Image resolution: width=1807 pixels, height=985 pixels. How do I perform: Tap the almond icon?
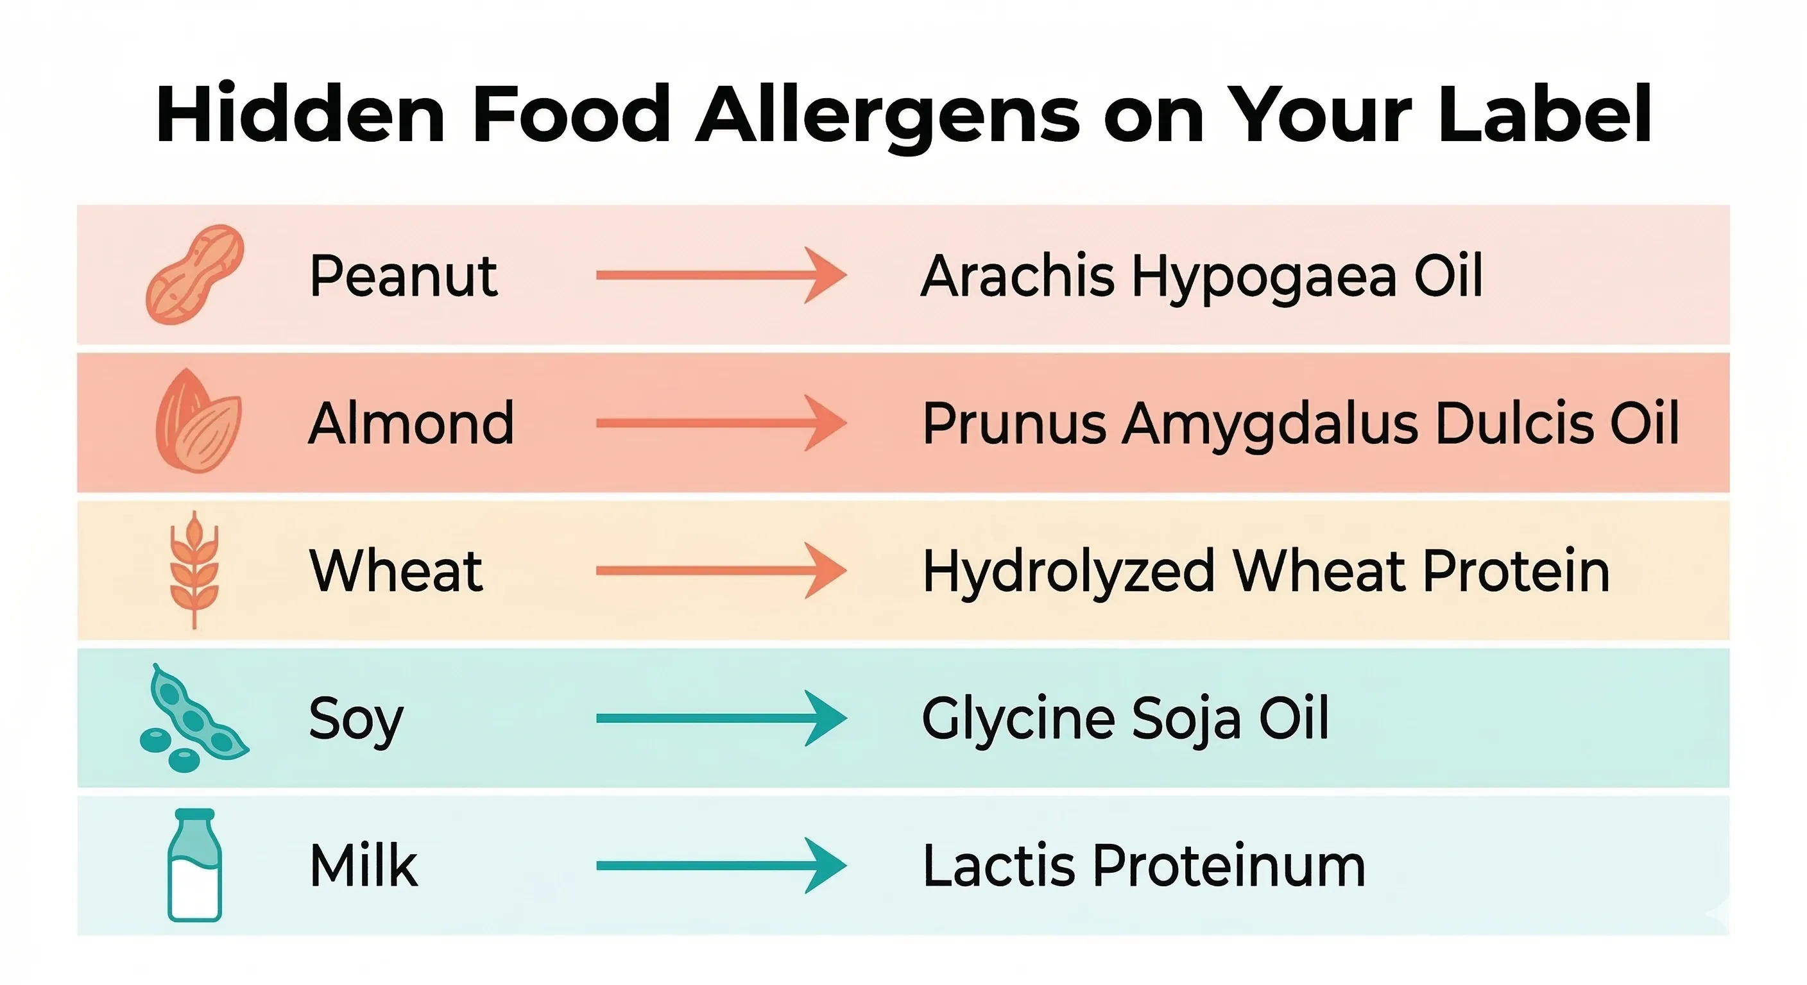tap(198, 421)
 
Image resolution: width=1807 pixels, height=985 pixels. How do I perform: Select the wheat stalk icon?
tap(194, 569)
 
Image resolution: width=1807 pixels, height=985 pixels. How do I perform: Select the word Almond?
tap(411, 423)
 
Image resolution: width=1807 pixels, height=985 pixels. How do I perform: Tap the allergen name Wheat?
tap(396, 571)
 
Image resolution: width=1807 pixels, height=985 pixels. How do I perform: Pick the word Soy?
tap(355, 720)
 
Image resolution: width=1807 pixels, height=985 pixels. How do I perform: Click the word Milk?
tap(363, 866)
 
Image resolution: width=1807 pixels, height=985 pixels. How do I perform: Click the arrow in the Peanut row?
tap(721, 276)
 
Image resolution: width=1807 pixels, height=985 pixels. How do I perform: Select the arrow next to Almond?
tap(721, 423)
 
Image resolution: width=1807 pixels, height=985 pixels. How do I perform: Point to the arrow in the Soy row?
tap(721, 718)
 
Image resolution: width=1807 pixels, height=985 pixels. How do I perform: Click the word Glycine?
tap(1018, 720)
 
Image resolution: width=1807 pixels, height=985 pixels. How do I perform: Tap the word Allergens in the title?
tap(887, 115)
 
